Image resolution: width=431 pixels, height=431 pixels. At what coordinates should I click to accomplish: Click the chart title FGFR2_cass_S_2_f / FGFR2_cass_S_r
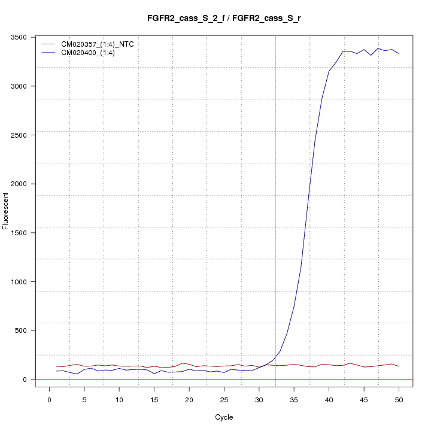click(x=224, y=18)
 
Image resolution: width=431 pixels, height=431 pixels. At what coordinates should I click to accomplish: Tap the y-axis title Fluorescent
click(x=7, y=210)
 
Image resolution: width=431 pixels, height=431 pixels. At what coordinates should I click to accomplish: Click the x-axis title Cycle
click(x=223, y=417)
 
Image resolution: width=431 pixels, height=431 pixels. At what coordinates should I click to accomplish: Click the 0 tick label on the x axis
click(x=49, y=399)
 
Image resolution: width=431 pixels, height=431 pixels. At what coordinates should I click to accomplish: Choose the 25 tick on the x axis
click(x=224, y=399)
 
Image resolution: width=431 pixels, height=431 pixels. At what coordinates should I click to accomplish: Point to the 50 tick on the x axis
click(x=399, y=399)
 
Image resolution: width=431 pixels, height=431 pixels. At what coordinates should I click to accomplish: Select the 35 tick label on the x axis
click(x=294, y=399)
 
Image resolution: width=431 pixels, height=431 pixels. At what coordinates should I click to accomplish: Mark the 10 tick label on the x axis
click(x=119, y=399)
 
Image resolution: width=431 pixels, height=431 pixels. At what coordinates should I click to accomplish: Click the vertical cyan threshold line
click(x=275, y=210)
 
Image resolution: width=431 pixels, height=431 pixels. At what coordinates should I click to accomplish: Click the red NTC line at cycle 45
click(x=364, y=366)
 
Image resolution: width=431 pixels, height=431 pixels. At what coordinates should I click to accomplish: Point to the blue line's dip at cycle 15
click(x=154, y=374)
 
